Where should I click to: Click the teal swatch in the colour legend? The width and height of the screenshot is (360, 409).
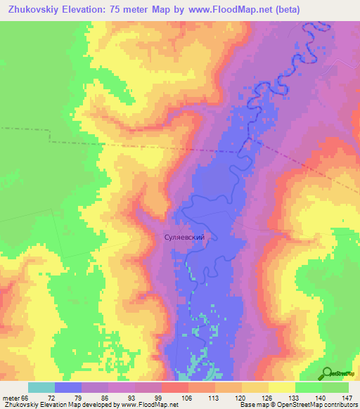click(x=41, y=387)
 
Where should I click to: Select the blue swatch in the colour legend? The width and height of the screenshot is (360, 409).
click(x=67, y=387)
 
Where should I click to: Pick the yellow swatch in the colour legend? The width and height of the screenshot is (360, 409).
click(x=281, y=387)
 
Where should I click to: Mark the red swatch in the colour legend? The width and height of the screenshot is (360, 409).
click(x=174, y=387)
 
